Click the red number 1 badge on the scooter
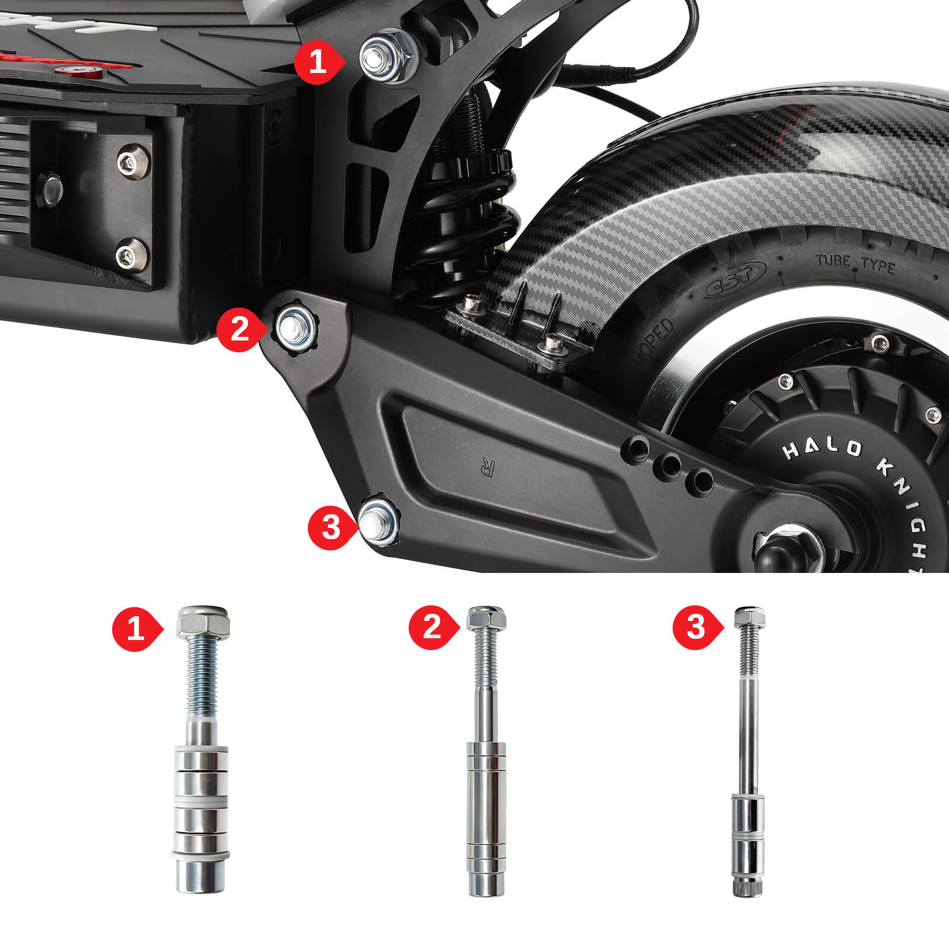click(x=317, y=62)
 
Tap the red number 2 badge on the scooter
click(x=238, y=328)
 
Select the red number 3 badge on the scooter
click(x=330, y=526)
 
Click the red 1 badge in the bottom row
click(x=136, y=628)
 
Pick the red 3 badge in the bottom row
click(x=696, y=628)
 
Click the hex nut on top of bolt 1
click(x=202, y=623)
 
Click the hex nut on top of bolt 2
click(x=486, y=620)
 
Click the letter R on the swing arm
click(x=488, y=468)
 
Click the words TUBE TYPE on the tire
click(x=855, y=263)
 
